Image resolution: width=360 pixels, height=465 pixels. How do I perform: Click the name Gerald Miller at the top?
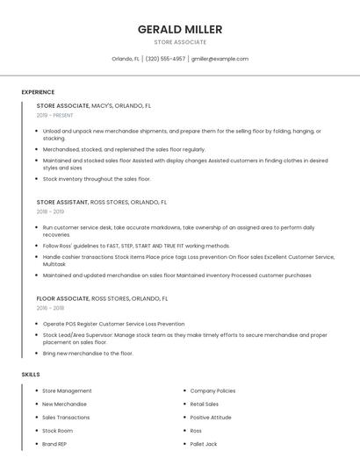point(180,29)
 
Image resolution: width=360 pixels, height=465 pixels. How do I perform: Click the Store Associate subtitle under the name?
point(180,42)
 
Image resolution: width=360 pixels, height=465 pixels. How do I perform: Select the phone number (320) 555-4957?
point(165,59)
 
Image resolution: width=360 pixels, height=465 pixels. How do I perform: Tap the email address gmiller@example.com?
point(220,59)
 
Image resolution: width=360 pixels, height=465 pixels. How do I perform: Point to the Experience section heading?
point(38,92)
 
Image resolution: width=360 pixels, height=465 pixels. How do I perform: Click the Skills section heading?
point(31,375)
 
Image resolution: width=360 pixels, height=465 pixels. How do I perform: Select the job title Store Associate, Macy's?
point(94,105)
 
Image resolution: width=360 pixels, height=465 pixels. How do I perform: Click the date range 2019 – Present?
point(55,115)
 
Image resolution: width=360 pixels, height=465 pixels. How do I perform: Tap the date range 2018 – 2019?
point(50,211)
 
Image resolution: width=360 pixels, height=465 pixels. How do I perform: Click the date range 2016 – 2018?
point(50,308)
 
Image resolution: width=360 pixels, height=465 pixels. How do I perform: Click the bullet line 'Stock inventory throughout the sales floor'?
point(97,179)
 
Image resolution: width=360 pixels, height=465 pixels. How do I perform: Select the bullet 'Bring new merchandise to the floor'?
point(88,354)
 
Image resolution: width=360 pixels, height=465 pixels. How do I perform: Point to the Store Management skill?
point(67,390)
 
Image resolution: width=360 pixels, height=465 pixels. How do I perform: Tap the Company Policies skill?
point(212,390)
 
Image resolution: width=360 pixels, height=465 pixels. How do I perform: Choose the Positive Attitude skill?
point(211,418)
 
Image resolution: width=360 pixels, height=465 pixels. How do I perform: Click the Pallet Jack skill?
point(204,444)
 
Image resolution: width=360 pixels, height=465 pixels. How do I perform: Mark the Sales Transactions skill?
point(66,418)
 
